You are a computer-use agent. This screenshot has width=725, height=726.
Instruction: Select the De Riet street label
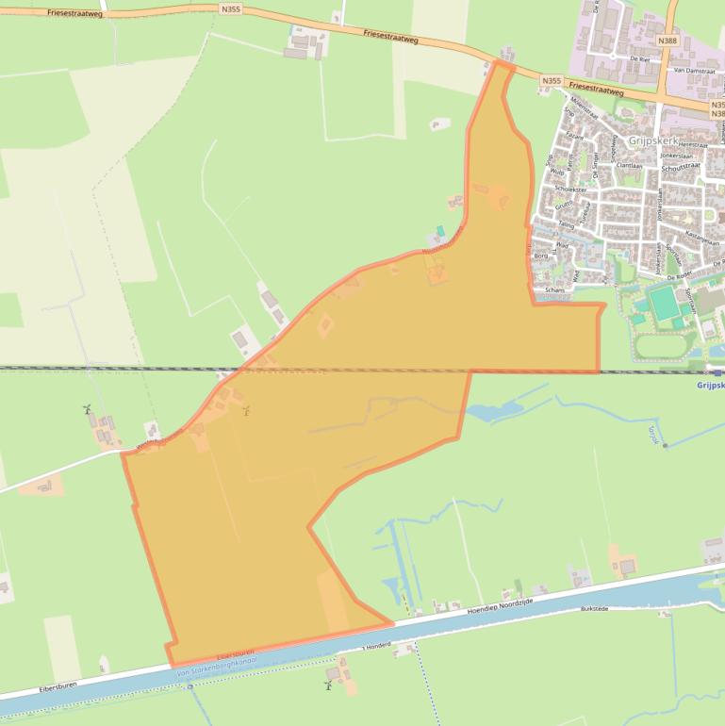point(639,58)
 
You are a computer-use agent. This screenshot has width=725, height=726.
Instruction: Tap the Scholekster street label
point(568,189)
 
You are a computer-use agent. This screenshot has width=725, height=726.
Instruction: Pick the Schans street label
point(555,290)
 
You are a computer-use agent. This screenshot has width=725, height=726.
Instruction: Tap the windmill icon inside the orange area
point(247,410)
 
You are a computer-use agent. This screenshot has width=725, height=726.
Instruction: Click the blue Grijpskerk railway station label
point(710,385)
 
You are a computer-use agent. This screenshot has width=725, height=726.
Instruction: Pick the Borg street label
point(540,256)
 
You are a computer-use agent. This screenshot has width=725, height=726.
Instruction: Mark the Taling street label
point(566,224)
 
